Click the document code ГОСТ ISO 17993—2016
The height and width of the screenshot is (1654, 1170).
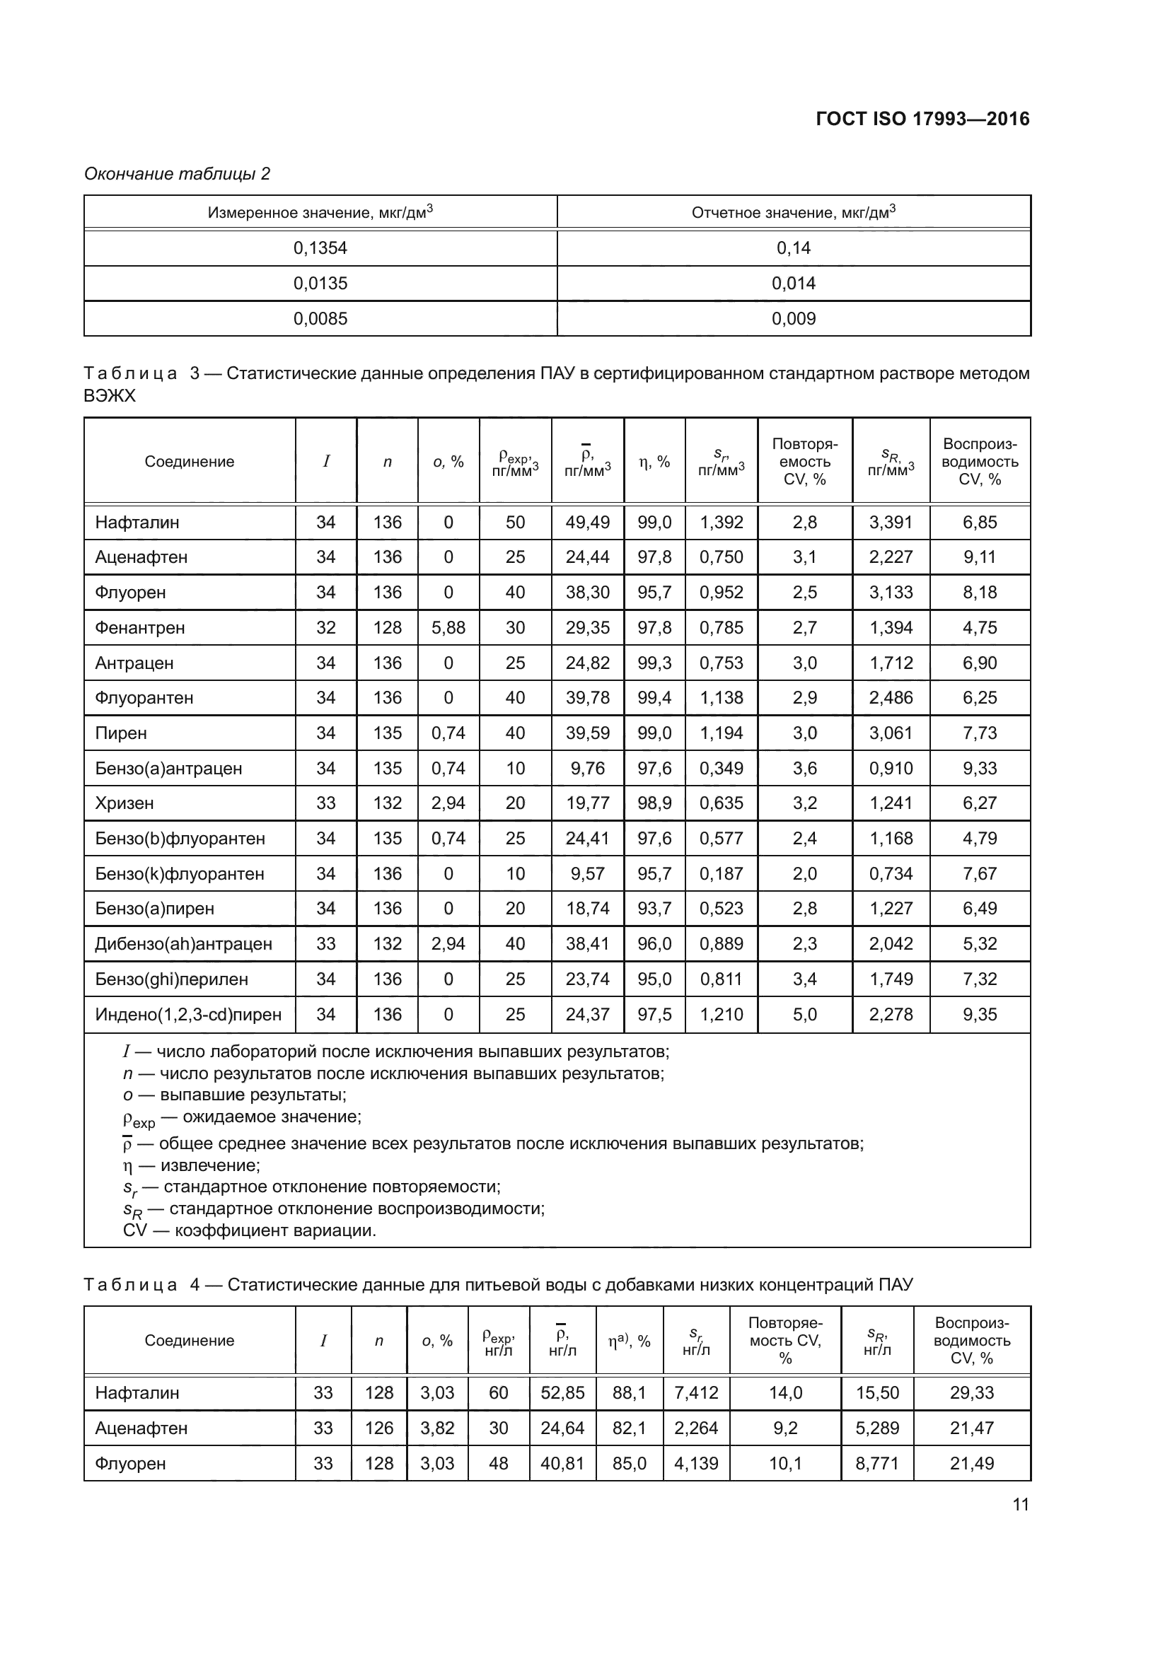click(x=922, y=119)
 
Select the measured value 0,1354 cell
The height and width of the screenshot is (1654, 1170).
click(x=320, y=247)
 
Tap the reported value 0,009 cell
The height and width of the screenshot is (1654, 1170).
click(x=793, y=318)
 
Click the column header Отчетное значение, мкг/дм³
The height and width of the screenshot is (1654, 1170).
click(x=793, y=213)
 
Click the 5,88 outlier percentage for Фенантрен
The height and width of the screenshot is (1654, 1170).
click(x=448, y=627)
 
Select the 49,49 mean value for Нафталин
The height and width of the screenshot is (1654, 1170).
click(x=587, y=523)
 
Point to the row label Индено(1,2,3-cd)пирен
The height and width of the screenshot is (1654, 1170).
click(x=188, y=1014)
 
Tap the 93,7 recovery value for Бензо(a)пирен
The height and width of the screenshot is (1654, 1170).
click(x=654, y=909)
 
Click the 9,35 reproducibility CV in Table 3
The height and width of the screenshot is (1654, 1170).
click(x=979, y=1014)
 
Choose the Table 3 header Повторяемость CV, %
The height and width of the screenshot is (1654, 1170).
click(x=805, y=462)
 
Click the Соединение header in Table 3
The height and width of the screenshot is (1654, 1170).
click(x=190, y=462)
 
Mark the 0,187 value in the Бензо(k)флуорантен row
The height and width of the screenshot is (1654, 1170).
click(x=721, y=874)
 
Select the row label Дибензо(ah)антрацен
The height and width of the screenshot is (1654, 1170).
click(x=183, y=944)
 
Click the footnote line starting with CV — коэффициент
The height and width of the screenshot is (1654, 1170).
click(x=249, y=1230)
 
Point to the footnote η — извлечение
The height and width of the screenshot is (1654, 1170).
click(x=192, y=1165)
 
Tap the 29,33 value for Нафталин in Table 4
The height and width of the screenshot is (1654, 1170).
click(x=971, y=1392)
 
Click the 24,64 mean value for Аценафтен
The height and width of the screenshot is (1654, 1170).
click(x=562, y=1428)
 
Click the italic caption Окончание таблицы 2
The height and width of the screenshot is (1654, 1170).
click(x=178, y=174)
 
